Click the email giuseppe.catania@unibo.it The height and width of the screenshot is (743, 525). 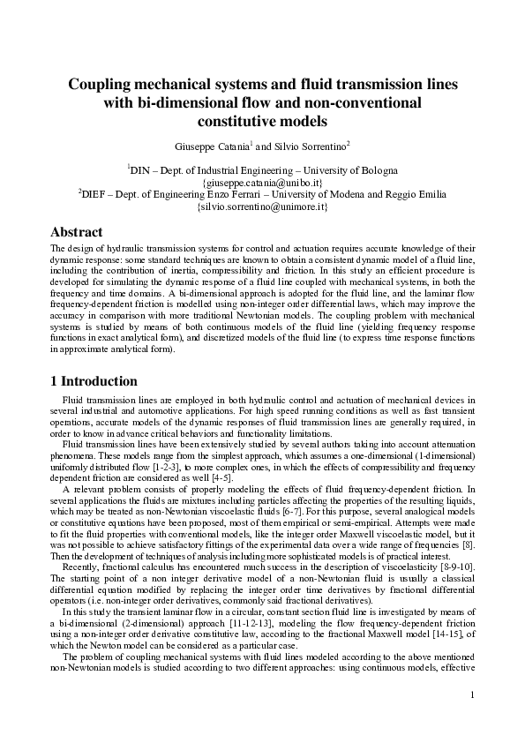click(x=262, y=182)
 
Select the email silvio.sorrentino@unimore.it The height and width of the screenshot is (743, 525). click(x=262, y=206)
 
